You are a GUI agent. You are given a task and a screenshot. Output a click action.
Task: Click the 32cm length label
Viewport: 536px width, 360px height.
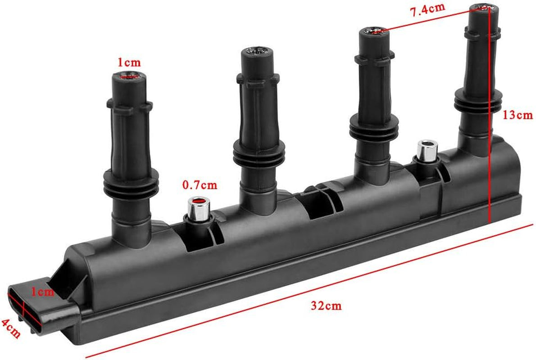point(326,306)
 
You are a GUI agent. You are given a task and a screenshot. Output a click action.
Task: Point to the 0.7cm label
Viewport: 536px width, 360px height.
point(200,184)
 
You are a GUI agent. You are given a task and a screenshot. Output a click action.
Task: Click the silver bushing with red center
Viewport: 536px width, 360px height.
point(198,208)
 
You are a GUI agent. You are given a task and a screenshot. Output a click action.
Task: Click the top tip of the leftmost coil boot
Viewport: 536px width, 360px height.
point(129,77)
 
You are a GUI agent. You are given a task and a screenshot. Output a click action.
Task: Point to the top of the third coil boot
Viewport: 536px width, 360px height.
point(374,32)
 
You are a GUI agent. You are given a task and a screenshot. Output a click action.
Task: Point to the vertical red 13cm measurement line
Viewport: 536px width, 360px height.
point(490,135)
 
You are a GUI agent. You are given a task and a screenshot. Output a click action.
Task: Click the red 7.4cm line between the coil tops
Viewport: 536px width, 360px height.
point(432,19)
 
